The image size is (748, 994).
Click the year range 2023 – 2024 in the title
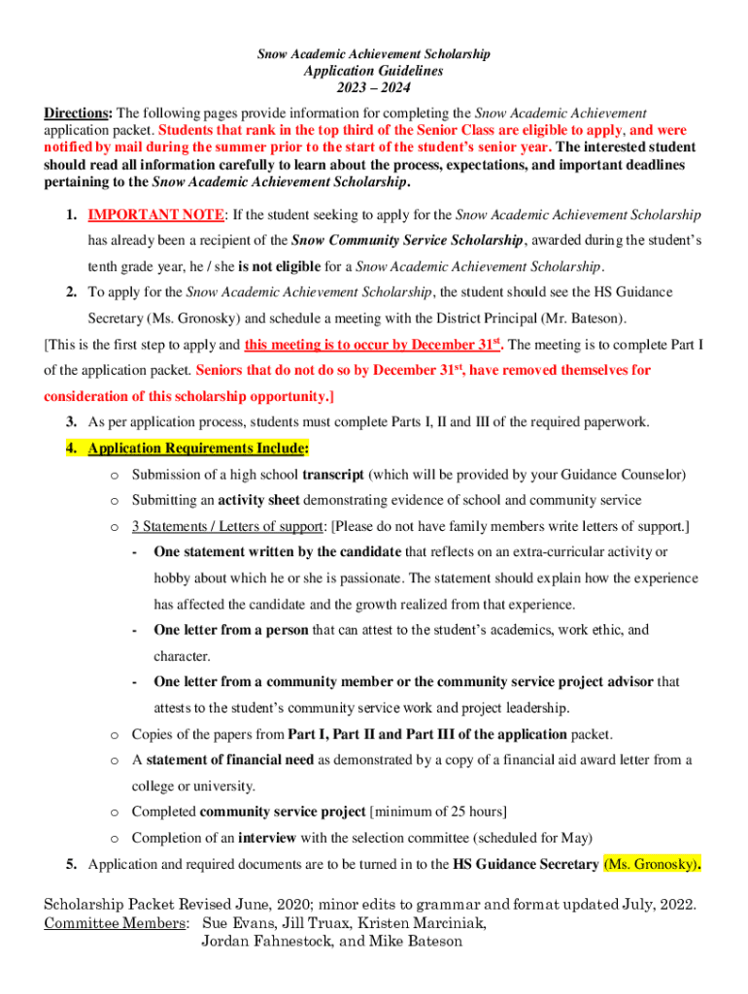374,88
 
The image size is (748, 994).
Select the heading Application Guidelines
374,71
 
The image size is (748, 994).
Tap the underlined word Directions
77,113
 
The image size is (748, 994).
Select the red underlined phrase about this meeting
373,345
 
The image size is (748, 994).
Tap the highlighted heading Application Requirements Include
198,448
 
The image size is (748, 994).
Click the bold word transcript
333,475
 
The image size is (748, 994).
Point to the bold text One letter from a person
231,630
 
